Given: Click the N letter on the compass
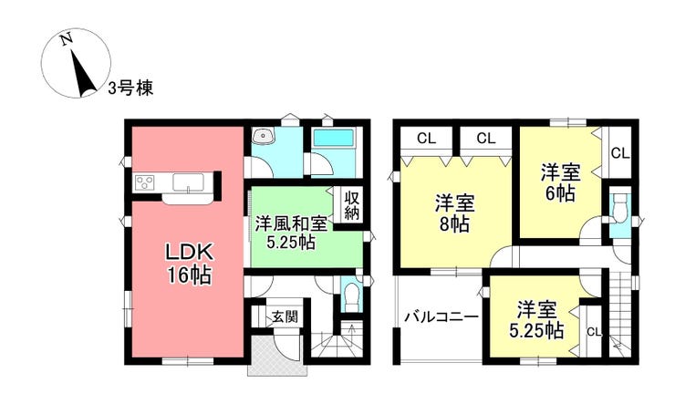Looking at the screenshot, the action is pos(66,39).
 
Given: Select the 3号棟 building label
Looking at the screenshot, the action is pos(130,88).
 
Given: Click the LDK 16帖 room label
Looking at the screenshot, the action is pos(190,264).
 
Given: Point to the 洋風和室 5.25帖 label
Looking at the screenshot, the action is pos(291,233).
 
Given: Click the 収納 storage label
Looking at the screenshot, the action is pos(351,205).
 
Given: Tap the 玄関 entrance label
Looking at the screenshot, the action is pos(285,316).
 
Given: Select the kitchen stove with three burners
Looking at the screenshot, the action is pos(146,182).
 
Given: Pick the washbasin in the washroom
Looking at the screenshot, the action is pos(264,136).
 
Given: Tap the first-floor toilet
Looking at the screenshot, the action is pos(351,296).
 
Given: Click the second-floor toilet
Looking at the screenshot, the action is pos(619,209).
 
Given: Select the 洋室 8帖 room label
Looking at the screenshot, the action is pos(454,213).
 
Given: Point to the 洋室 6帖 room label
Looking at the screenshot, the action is pos(560,183).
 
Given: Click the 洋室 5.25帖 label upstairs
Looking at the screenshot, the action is pos(537,320).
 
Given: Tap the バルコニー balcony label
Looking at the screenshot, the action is pos(441,317).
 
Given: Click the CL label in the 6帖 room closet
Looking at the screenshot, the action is pos(620,153).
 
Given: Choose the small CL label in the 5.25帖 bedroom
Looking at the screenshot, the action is pos(595,332).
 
